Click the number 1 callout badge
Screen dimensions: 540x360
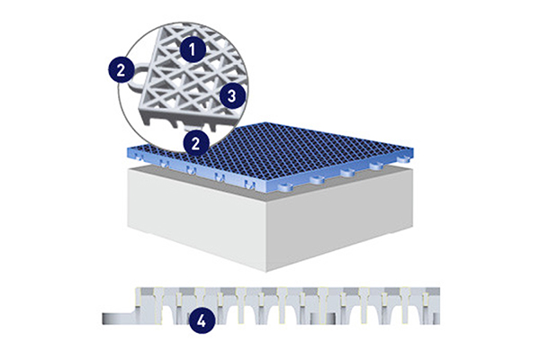[193, 49]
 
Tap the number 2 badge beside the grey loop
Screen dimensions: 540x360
[121, 70]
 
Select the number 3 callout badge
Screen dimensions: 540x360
[232, 95]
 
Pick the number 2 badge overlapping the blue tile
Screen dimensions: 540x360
[195, 143]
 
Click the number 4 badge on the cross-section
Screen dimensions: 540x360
[201, 321]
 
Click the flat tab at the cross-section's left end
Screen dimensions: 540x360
[118, 319]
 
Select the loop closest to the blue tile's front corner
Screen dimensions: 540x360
[286, 186]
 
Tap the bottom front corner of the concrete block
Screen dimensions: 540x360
[266, 272]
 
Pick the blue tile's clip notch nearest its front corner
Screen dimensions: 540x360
[249, 184]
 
